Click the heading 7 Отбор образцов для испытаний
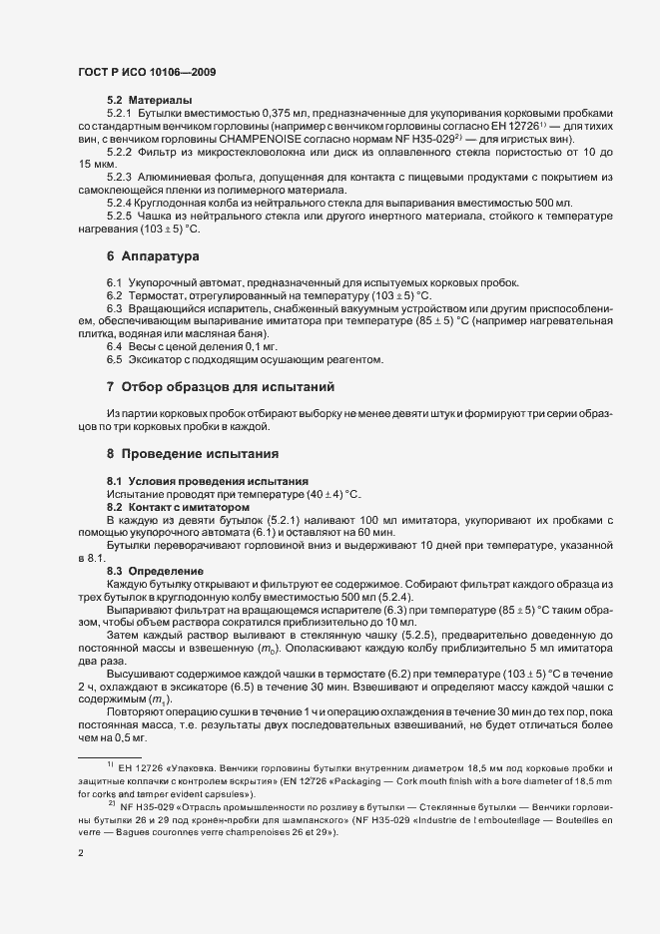coord(220,386)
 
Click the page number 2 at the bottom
coord(80,854)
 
